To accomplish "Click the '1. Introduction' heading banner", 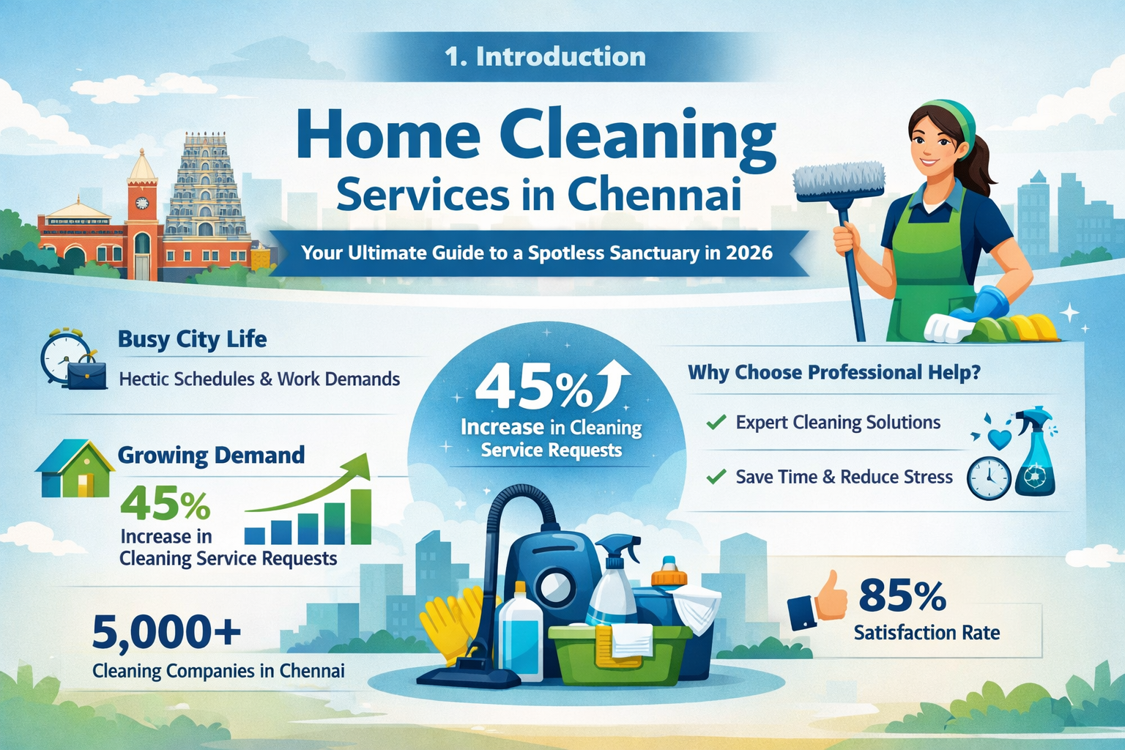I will (545, 56).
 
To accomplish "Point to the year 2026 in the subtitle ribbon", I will (749, 253).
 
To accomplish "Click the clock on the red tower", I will (141, 203).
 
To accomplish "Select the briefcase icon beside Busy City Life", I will (86, 374).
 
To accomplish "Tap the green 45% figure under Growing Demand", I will (165, 504).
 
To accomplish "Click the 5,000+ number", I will (166, 632).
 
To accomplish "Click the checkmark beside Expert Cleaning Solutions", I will (716, 423).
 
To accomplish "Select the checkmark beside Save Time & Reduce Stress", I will (716, 478).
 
